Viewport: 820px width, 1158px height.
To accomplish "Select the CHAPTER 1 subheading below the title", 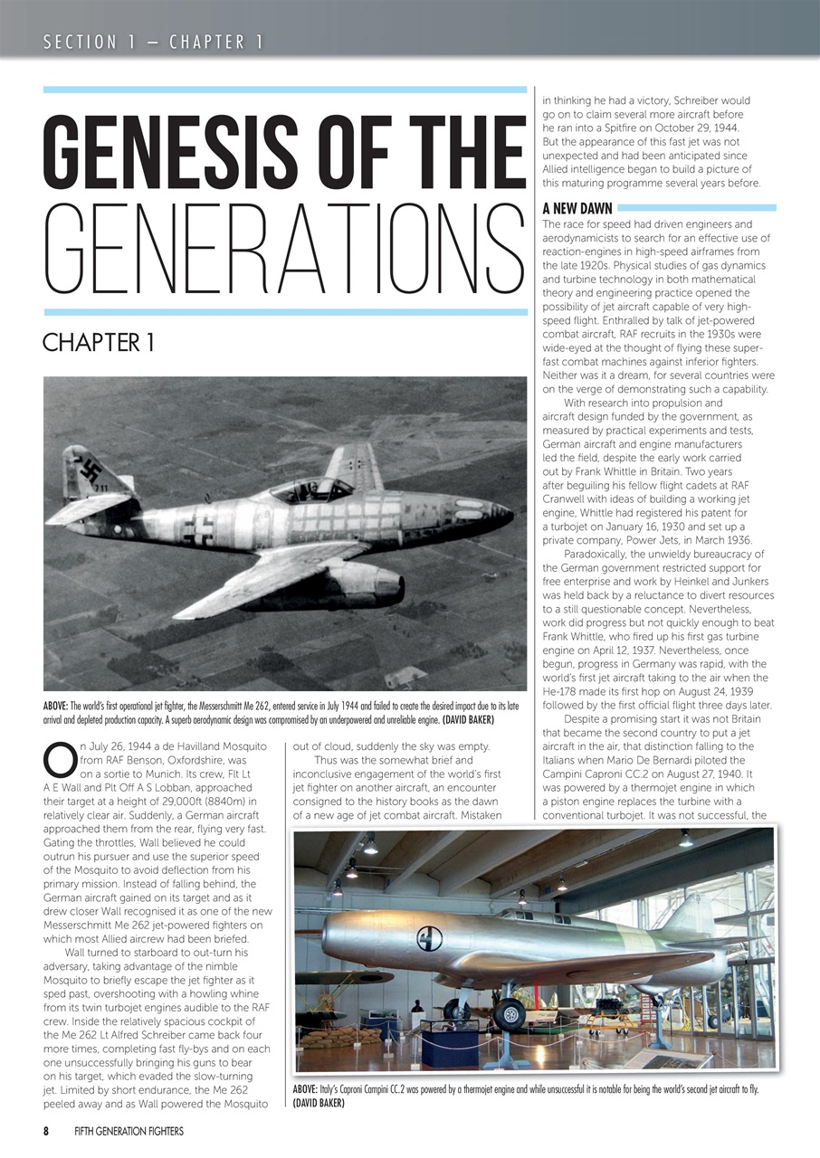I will [x=98, y=343].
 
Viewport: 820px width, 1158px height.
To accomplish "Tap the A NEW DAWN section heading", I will [x=577, y=207].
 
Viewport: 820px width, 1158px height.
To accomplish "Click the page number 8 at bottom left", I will [x=46, y=1131].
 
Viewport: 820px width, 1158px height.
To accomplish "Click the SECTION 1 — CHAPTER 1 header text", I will [x=154, y=42].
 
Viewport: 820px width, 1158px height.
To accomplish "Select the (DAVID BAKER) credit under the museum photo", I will [x=319, y=1102].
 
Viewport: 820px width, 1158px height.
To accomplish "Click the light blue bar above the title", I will [x=284, y=90].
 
